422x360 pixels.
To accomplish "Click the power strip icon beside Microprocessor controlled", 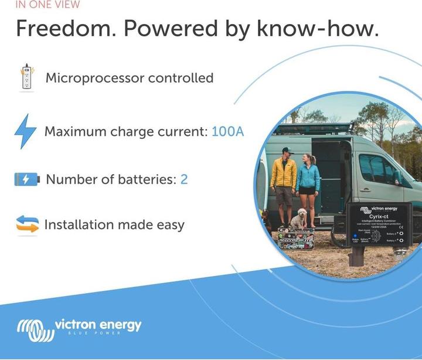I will click(x=26, y=77).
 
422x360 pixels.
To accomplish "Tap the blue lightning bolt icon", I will click(x=25, y=131).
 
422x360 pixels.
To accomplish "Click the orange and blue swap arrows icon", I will click(x=27, y=225).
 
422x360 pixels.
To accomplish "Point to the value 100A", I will click(x=227, y=131).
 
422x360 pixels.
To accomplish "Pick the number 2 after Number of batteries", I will click(x=184, y=179).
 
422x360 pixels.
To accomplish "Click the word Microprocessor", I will click(x=94, y=78).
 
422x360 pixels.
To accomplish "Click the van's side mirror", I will click(x=397, y=176).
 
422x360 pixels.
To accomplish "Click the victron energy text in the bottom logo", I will click(x=98, y=325).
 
